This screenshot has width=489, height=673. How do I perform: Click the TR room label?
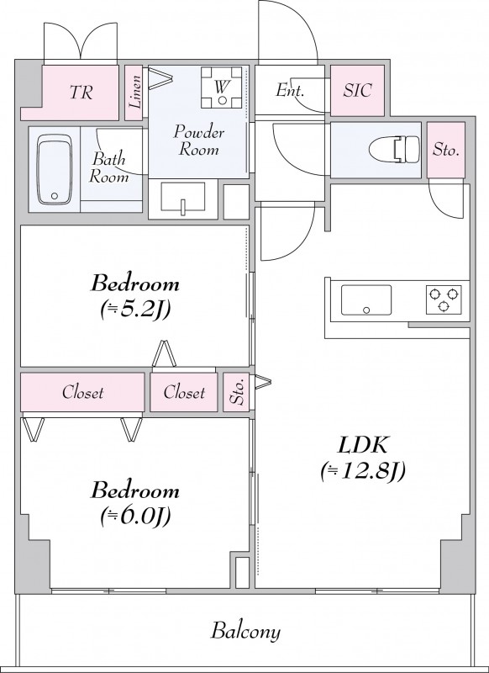[81, 92]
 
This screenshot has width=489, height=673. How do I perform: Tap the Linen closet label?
[135, 92]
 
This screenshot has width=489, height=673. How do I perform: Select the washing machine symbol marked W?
[222, 87]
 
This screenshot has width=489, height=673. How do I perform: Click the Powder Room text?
[198, 140]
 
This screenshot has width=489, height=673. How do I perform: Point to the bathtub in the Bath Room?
[54, 170]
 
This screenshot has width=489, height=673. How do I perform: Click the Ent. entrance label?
[290, 90]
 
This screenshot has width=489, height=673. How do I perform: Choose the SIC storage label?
[357, 90]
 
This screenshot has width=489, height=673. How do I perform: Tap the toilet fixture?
[394, 150]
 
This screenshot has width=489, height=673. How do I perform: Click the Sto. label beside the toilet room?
[445, 150]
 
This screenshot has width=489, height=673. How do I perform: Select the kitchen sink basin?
[366, 299]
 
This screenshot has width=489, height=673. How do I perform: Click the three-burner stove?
[444, 299]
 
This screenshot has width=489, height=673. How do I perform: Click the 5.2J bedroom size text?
[135, 310]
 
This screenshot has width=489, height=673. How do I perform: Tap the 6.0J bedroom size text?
[135, 516]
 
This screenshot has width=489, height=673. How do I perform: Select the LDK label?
[363, 446]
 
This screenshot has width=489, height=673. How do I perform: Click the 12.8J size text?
[363, 471]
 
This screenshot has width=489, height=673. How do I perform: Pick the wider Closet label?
[82, 392]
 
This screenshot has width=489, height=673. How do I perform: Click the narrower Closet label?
[184, 392]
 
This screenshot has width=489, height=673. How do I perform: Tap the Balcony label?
[245, 632]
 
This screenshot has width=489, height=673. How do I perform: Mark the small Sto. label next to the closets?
[237, 392]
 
